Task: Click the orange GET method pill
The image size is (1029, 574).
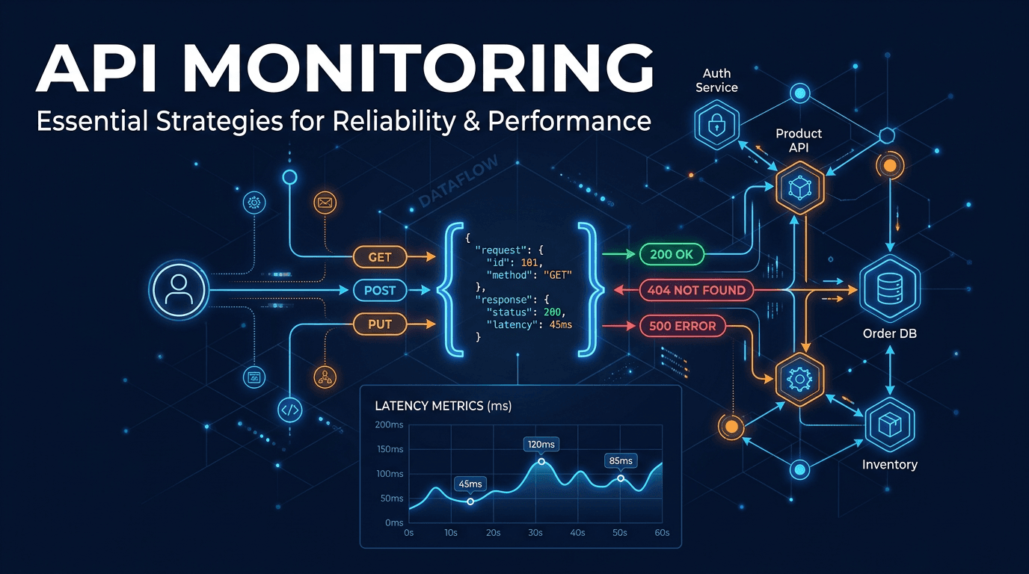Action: click(380, 257)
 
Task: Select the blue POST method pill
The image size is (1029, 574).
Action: click(380, 290)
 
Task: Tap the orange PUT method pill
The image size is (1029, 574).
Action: click(380, 324)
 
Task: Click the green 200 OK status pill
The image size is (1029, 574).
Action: click(672, 255)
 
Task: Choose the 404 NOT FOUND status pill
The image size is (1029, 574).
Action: click(697, 290)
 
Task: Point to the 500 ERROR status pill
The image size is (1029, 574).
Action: click(682, 326)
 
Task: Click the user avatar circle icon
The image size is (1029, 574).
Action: click(178, 290)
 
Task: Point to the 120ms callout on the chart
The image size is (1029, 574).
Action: click(541, 445)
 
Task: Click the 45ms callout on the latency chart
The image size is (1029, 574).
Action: click(470, 484)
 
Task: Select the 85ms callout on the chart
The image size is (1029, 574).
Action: click(620, 460)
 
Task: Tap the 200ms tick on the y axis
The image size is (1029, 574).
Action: click(389, 425)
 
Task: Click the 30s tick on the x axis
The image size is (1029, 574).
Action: click(535, 533)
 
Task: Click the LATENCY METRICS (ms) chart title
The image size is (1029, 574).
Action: click(443, 406)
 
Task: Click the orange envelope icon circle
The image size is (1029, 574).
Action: click(325, 202)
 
